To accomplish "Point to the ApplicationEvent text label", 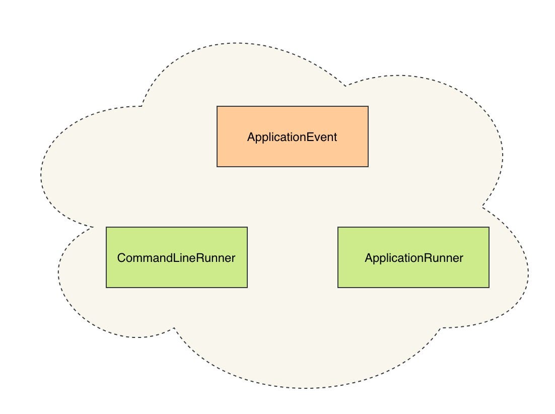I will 292,137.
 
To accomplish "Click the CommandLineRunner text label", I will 176,258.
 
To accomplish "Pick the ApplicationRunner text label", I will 413,258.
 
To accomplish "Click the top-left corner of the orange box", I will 217,106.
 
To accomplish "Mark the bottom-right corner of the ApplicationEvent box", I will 368,166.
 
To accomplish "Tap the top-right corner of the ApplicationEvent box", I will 368,106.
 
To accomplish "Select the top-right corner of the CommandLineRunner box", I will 247,227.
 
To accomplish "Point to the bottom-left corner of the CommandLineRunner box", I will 106,288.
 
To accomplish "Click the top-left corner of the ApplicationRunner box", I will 338,227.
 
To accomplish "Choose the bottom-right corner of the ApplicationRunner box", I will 489,288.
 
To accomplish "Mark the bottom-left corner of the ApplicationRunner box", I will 338,288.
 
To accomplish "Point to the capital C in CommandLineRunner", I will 121,258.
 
